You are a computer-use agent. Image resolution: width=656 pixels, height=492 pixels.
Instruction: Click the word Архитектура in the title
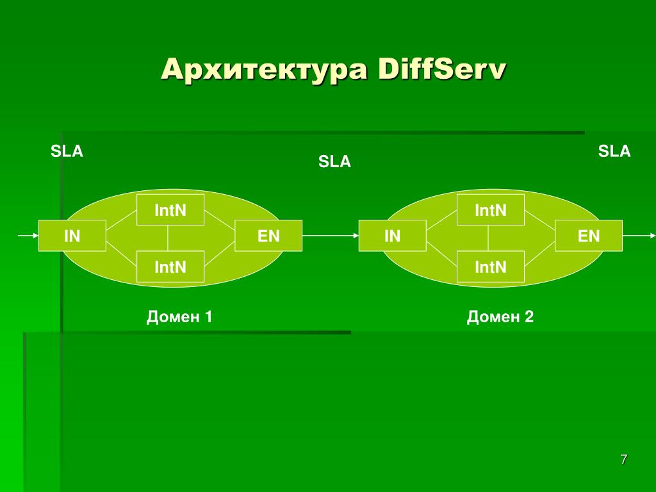264,69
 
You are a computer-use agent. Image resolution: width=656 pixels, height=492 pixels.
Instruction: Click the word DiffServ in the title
442,69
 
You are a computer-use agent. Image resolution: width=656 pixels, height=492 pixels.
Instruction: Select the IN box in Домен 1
72,236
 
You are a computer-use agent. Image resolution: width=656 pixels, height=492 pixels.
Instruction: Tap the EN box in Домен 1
268,236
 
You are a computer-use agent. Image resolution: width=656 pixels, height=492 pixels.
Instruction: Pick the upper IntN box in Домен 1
170,210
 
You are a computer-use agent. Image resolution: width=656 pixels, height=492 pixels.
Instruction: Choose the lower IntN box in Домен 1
170,266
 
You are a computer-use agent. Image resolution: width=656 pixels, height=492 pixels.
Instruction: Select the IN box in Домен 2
392,236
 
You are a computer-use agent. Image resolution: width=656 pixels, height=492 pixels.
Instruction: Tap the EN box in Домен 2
589,236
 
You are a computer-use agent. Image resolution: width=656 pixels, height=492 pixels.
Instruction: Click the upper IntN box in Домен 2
491,210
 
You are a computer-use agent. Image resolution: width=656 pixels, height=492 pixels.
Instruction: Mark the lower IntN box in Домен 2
491,266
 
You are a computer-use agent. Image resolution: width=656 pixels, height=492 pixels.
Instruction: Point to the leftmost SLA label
67,152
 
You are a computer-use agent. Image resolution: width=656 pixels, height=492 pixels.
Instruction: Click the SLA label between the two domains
335,162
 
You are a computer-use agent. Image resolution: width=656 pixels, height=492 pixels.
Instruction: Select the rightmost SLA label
614,152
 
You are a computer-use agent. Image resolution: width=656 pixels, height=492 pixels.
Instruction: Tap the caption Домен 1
179,316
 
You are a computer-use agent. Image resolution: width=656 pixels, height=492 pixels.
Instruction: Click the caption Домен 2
500,316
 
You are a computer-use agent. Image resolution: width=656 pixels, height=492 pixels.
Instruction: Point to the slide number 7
624,459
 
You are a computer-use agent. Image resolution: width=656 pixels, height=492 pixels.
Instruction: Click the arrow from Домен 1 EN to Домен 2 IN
330,236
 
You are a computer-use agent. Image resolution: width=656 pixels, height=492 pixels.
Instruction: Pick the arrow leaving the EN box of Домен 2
638,236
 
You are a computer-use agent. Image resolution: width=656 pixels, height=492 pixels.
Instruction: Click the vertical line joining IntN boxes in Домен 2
488,238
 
